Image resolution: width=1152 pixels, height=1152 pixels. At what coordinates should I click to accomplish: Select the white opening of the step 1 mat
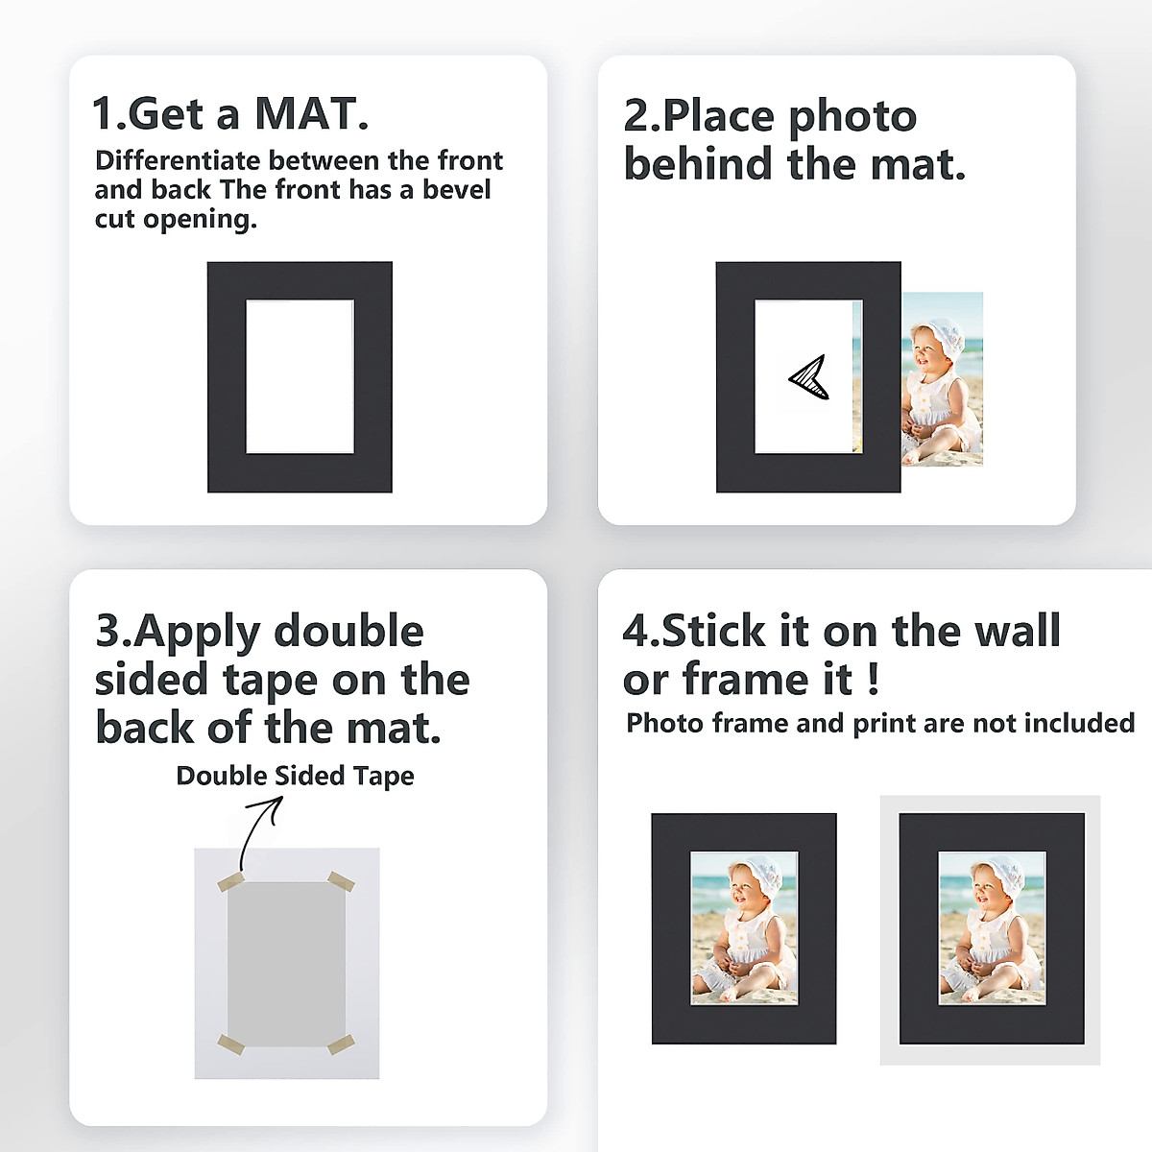click(300, 376)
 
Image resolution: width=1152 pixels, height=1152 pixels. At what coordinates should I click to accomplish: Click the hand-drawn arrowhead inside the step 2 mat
click(809, 376)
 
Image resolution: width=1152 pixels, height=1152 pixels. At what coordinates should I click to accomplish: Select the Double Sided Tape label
click(295, 776)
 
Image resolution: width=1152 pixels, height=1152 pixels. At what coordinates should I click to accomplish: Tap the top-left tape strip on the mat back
click(230, 882)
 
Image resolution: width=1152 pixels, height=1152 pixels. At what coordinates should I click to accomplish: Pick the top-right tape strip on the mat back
click(342, 881)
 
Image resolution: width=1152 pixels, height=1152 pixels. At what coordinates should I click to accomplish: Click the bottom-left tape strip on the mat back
click(230, 1044)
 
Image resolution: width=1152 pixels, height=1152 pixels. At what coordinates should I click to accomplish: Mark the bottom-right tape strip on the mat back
click(342, 1044)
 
